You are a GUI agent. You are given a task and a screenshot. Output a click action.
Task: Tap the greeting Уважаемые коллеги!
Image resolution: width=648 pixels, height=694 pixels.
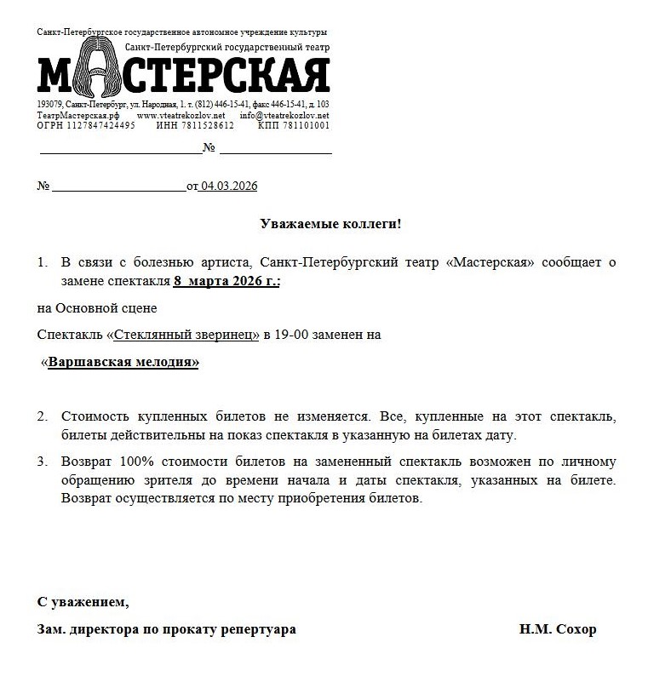click(330, 224)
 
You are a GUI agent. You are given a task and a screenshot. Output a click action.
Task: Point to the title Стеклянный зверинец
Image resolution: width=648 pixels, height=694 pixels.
click(186, 335)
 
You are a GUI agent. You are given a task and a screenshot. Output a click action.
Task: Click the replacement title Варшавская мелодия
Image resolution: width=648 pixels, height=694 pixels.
click(123, 362)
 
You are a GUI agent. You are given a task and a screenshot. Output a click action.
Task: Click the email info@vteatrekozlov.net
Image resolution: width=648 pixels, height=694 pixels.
click(284, 115)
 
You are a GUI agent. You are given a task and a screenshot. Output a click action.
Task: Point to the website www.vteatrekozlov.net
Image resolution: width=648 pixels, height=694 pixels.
click(181, 115)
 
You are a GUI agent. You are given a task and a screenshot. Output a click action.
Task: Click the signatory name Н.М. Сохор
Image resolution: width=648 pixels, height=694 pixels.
click(558, 629)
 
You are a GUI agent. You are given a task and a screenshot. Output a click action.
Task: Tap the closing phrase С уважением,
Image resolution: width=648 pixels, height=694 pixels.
click(83, 602)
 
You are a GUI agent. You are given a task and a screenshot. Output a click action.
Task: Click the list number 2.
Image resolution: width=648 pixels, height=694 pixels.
click(42, 417)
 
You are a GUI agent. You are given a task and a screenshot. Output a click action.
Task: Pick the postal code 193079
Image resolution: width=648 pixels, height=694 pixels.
click(49, 105)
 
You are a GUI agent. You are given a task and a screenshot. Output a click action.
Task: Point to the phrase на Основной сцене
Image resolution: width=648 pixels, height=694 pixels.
click(97, 307)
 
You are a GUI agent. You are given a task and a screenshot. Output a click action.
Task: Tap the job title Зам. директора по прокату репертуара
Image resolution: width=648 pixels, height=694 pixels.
click(167, 629)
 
